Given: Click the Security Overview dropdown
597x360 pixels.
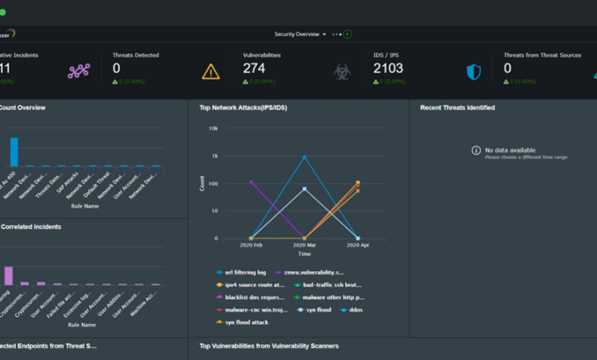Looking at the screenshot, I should [x=300, y=34].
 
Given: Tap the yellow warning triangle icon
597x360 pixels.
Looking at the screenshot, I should [x=210, y=72].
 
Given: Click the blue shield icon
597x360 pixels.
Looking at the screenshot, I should [x=474, y=72].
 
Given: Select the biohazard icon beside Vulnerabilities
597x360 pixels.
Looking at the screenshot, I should [x=341, y=72].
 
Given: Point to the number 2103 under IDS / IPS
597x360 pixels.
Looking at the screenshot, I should [x=388, y=69].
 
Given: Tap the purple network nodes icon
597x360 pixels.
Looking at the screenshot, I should [x=79, y=72].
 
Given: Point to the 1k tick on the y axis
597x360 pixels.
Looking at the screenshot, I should [x=215, y=156].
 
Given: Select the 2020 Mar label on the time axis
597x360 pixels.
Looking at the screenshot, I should [x=305, y=245].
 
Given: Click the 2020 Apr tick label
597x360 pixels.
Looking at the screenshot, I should [x=357, y=245].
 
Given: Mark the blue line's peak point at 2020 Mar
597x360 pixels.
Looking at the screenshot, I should [x=305, y=157].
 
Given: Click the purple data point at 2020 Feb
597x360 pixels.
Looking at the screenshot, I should [x=251, y=182].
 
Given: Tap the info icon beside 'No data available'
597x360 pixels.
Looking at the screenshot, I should [x=476, y=150].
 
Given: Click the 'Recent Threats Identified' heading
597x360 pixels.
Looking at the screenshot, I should [x=457, y=108].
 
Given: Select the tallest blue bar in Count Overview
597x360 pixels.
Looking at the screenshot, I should [x=14, y=152].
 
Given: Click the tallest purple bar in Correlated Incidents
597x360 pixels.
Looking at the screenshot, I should [x=9, y=276].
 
